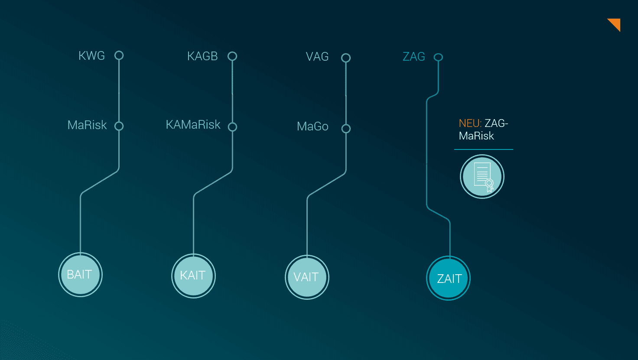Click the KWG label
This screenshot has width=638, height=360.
91,56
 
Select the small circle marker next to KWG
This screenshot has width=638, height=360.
119,55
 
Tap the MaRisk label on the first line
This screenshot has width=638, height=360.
87,125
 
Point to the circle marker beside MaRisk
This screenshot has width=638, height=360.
119,126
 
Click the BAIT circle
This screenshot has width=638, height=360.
80,275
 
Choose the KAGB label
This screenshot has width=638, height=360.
202,56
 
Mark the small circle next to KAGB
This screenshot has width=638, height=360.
232,56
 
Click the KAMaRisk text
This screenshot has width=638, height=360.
193,125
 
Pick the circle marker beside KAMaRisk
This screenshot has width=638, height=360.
232,127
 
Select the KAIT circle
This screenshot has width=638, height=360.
193,276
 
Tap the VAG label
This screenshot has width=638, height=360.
317,57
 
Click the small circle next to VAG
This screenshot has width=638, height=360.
345,58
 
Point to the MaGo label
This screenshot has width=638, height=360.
312,126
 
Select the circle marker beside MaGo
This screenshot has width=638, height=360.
346,129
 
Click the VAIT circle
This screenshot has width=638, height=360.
307,277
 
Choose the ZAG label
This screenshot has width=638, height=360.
414,57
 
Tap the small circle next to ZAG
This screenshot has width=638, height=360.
438,57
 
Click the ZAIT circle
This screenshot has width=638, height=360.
449,279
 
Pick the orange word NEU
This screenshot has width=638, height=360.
470,123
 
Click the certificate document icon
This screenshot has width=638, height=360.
482,177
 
